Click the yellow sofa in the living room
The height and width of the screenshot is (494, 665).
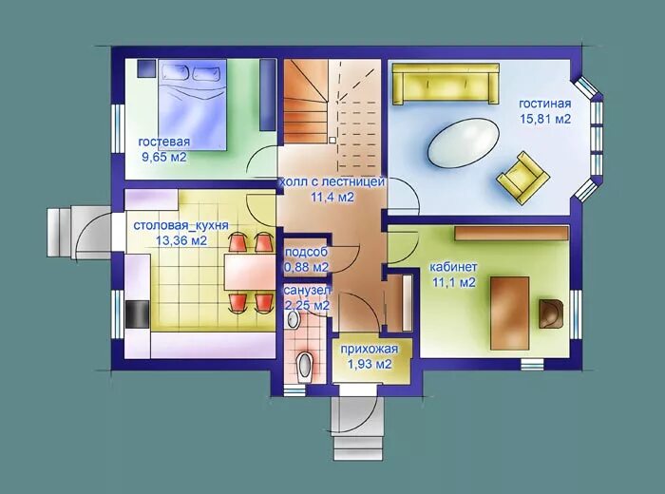tap(446, 84)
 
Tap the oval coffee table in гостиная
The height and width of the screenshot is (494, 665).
tap(464, 142)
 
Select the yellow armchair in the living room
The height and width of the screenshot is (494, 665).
tap(523, 178)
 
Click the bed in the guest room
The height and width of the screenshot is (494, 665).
tap(192, 104)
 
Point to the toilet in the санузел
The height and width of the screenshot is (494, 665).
tap(305, 367)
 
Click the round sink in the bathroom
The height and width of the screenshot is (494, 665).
tap(293, 320)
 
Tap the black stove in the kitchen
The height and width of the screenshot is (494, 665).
tap(138, 314)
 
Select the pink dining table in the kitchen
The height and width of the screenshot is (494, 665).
tap(249, 272)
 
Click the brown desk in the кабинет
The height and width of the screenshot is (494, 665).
tap(510, 313)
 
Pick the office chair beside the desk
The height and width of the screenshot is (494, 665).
tap(551, 313)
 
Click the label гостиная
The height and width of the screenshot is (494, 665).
tap(545, 104)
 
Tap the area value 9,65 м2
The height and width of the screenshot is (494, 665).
tap(164, 158)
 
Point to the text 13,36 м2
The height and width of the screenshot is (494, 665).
tap(181, 240)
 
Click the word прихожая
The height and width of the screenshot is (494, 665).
tap(370, 349)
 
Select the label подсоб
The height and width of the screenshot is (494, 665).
tap(306, 252)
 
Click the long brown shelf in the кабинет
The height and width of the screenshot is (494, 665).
tap(511, 233)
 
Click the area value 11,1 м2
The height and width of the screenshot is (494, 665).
tap(454, 282)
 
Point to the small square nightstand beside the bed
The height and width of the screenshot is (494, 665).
tap(146, 68)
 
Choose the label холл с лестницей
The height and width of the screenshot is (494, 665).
tap(332, 181)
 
